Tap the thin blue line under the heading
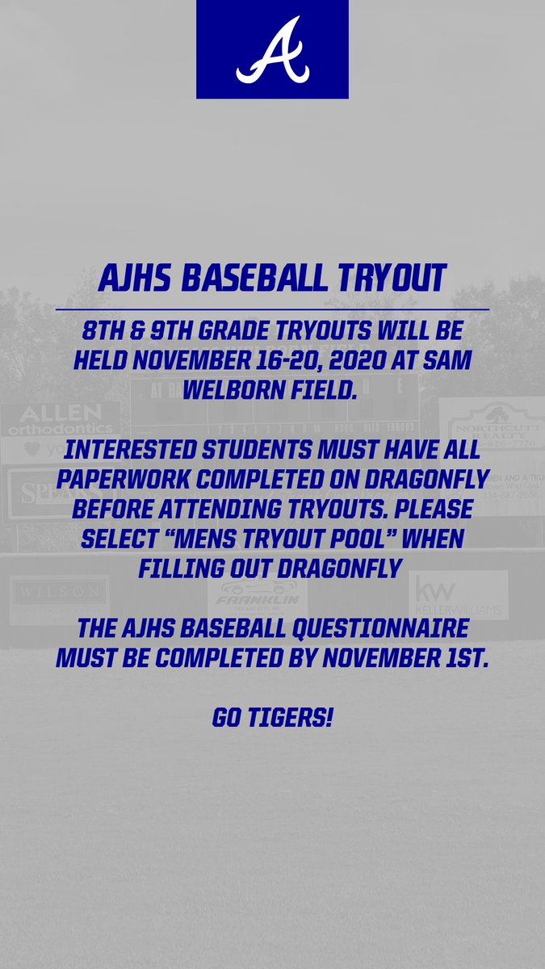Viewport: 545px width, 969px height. click(x=272, y=309)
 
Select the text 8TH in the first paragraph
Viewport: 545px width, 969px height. click(x=102, y=333)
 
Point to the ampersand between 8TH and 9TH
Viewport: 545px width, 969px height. click(x=144, y=333)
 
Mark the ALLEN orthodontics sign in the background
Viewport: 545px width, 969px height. click(x=61, y=420)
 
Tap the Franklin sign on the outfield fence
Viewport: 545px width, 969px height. click(x=257, y=598)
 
